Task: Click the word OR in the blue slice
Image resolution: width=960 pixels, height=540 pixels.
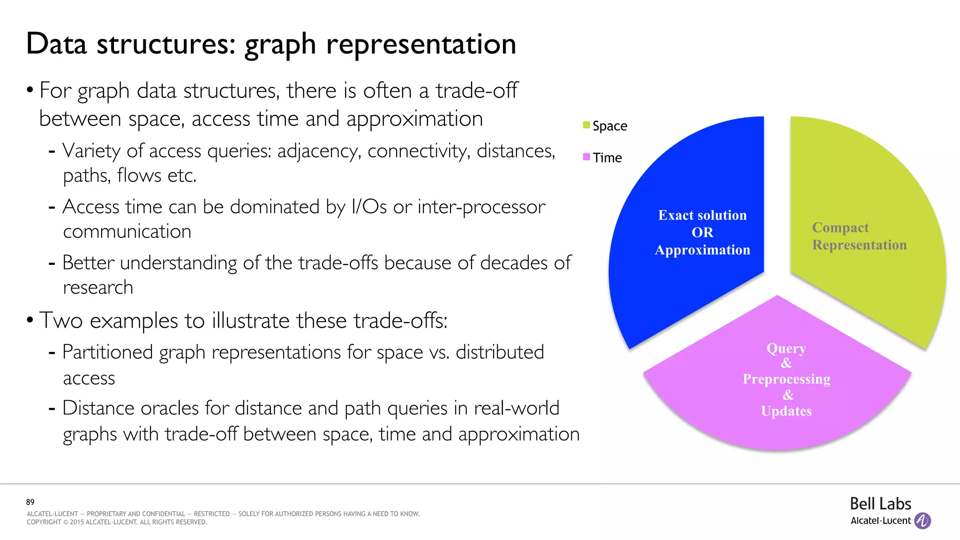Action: (x=702, y=232)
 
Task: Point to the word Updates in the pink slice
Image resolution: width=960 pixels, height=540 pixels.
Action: (x=786, y=411)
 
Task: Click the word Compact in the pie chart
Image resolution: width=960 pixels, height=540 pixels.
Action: (x=840, y=228)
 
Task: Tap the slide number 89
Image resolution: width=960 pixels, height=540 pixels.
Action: (x=30, y=502)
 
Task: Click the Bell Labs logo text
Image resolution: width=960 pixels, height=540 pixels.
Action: (x=880, y=504)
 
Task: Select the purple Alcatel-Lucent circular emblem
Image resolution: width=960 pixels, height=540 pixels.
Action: (x=922, y=521)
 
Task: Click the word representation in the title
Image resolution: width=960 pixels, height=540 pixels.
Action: (x=421, y=44)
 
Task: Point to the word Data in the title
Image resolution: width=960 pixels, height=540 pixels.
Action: (x=56, y=44)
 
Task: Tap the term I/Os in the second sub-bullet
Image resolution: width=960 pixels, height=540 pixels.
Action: (x=369, y=207)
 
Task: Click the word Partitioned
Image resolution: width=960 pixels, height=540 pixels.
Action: (x=107, y=352)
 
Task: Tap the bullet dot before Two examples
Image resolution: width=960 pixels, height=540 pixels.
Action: (x=30, y=320)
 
